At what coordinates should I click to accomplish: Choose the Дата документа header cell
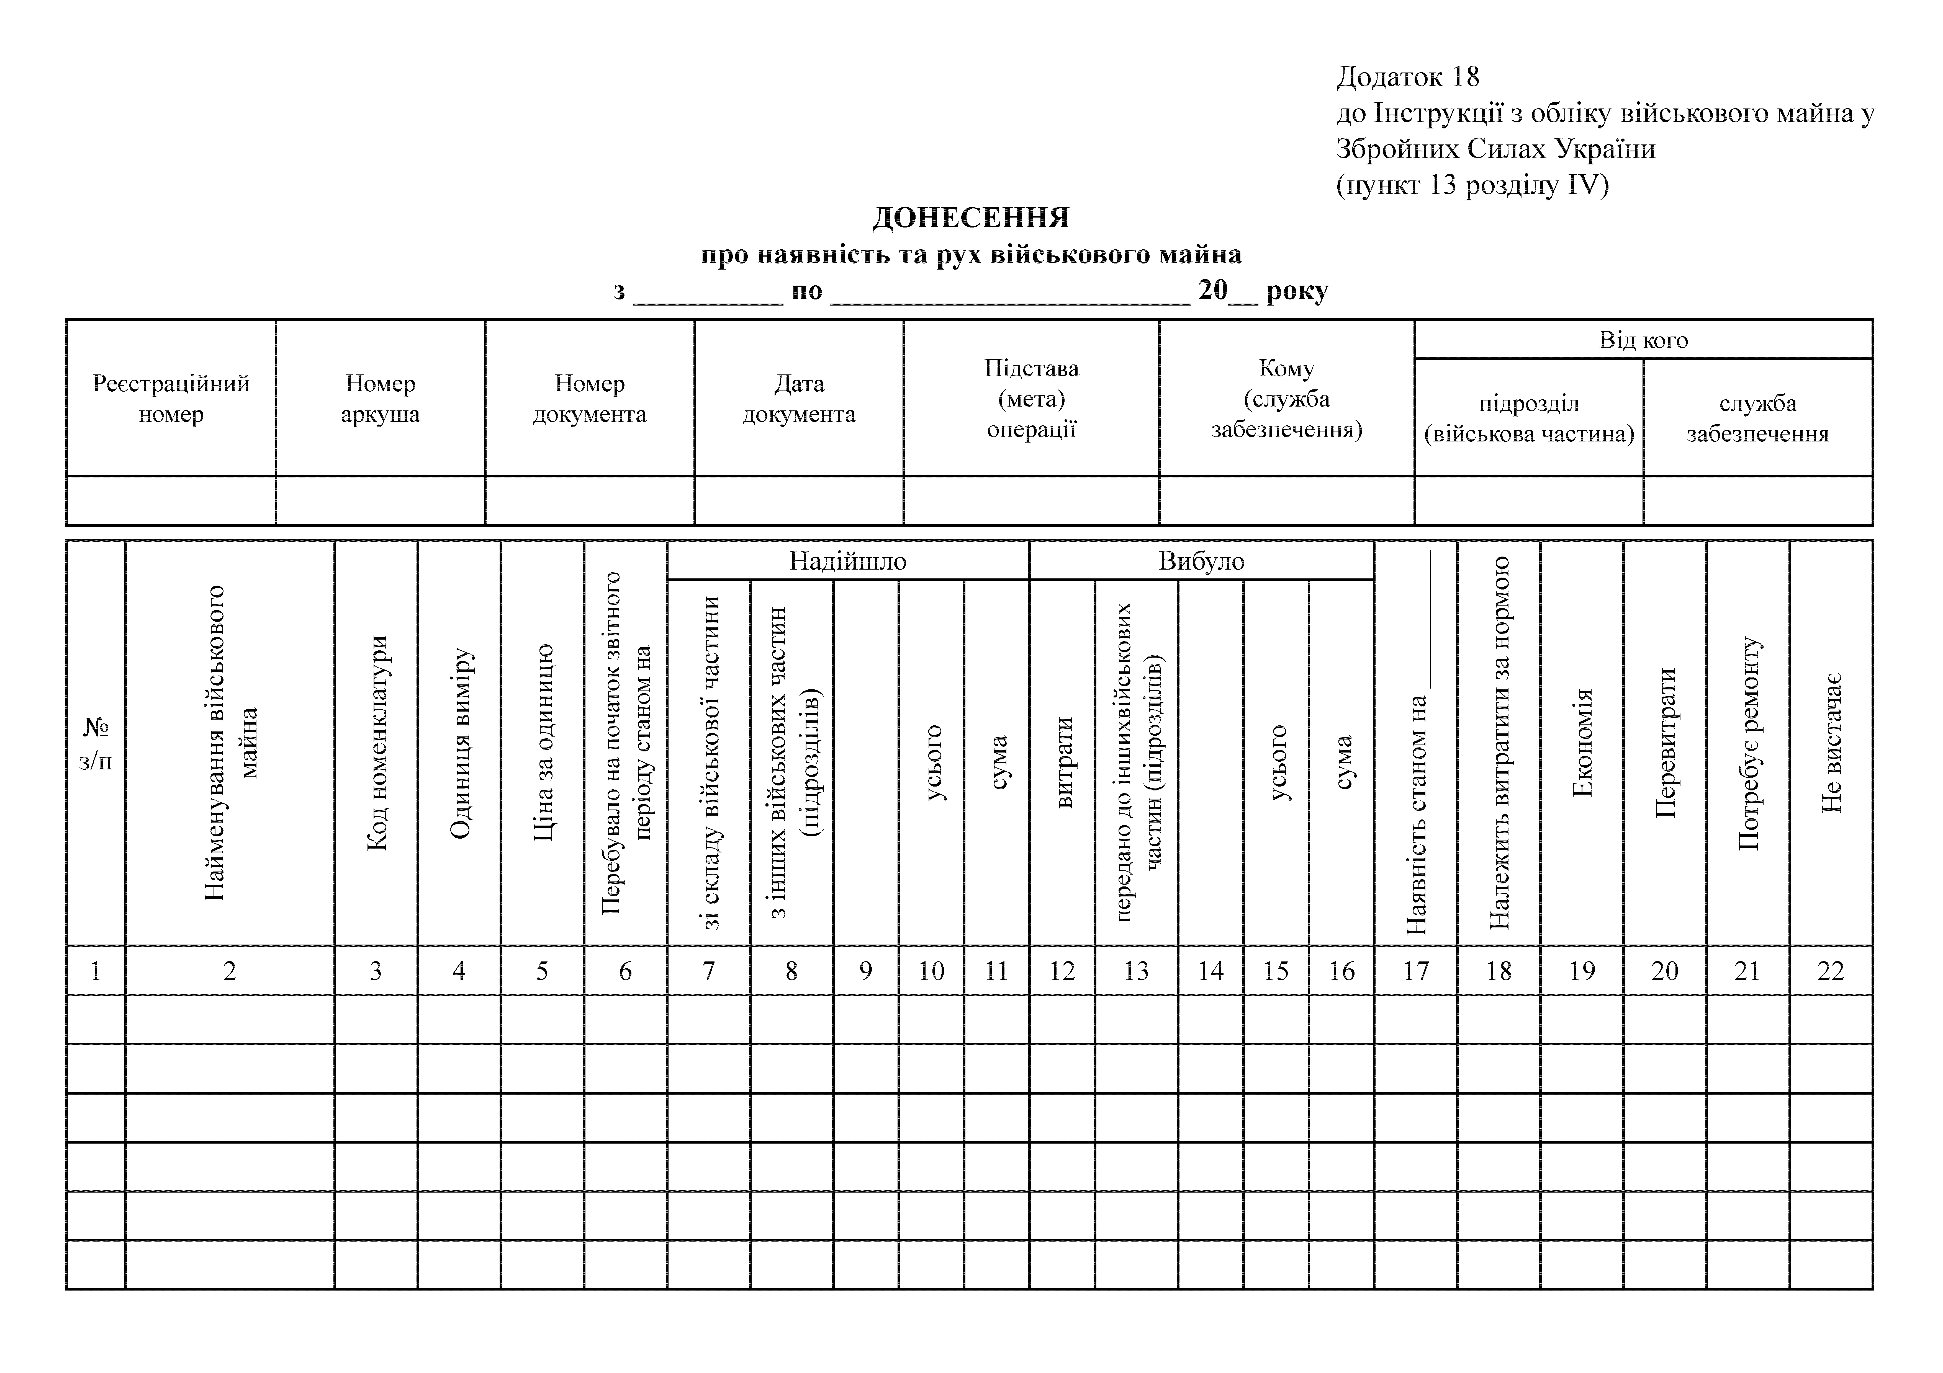coord(799,399)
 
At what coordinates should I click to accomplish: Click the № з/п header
coord(96,744)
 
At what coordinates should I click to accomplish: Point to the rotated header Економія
coord(1582,744)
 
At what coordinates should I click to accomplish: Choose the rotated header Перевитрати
coord(1665,744)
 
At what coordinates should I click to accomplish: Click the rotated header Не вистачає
coord(1831,744)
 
